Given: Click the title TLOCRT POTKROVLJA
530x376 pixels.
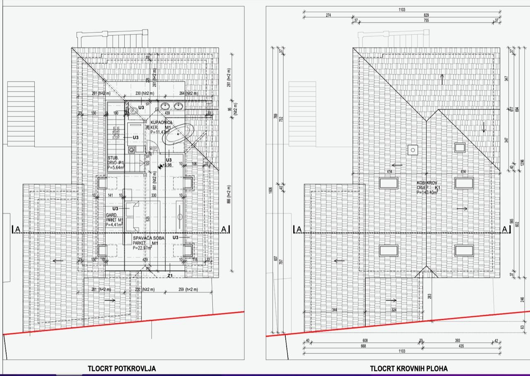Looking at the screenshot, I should coord(122,368).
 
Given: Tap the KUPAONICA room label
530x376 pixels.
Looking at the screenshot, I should coord(161,123).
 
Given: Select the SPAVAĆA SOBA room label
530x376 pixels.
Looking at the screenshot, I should coord(149,239).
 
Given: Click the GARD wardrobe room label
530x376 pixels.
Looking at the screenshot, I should coord(111,215).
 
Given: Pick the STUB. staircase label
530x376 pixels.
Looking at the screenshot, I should coord(113,158).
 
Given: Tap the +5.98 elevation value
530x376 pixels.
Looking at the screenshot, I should coord(167,165).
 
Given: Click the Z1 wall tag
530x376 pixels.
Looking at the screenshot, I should coord(170,275).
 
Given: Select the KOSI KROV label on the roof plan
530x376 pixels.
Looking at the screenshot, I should coord(426,183).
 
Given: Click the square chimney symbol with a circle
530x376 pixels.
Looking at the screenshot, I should coord(412,150).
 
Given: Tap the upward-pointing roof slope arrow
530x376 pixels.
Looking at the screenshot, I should coord(442,79).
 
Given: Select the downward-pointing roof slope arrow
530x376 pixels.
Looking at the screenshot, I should coord(483,127).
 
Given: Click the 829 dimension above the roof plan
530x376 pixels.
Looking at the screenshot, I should coord(426,15).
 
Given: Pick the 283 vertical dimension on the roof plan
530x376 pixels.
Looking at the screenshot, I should coord(429,296).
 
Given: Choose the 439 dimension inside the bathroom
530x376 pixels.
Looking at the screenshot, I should coord(168,113).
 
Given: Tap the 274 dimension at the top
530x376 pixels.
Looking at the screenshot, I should coord(328,15).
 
